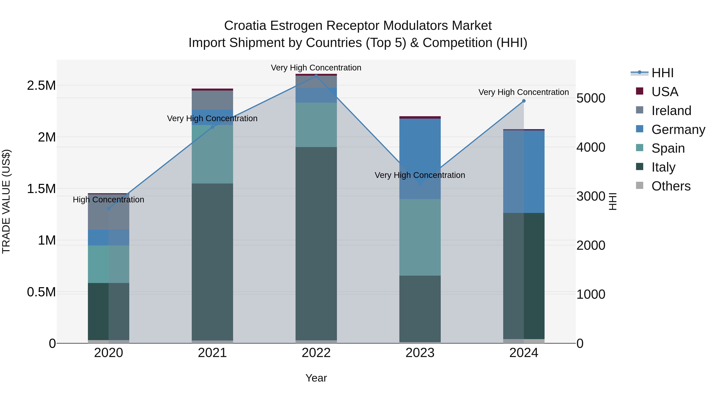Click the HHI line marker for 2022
(x=316, y=76)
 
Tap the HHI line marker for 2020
(x=109, y=209)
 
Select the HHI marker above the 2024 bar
(x=524, y=101)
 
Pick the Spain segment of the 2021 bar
(x=212, y=154)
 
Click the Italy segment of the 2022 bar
(x=316, y=243)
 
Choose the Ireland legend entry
(x=671, y=111)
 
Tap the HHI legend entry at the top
(x=662, y=73)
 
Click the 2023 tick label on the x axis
(x=420, y=353)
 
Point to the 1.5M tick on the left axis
(x=41, y=189)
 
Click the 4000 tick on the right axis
(x=591, y=147)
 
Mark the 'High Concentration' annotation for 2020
(x=108, y=200)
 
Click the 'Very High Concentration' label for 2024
(x=523, y=92)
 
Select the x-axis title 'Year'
(x=316, y=378)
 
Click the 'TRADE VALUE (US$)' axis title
(x=6, y=201)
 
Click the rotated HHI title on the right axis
(x=613, y=201)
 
